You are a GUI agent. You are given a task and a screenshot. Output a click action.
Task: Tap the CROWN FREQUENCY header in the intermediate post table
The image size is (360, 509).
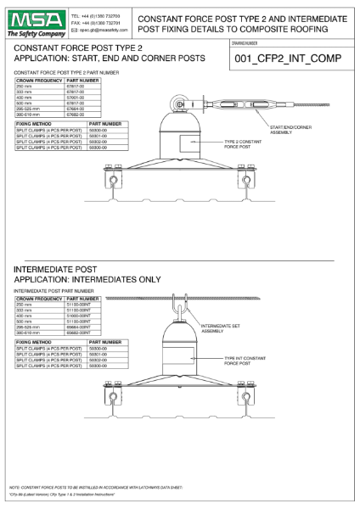tap(39, 299)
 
